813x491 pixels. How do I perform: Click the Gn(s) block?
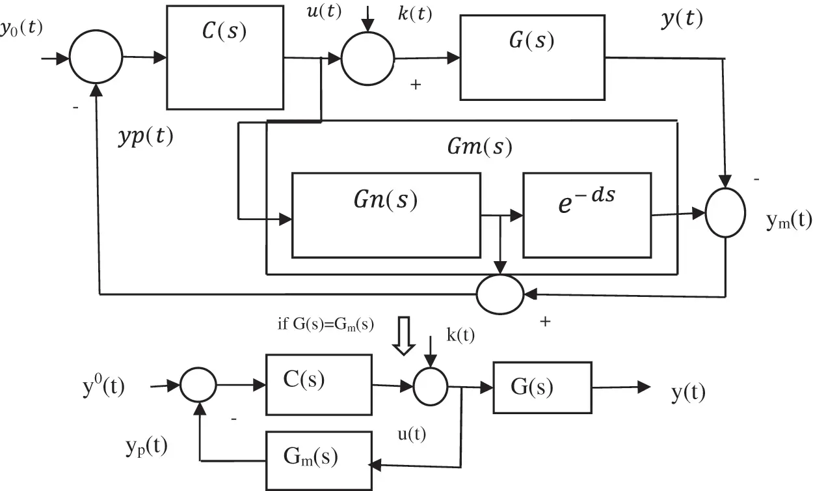[386, 215]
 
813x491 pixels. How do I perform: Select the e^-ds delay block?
[587, 215]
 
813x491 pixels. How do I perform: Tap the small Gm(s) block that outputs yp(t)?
[318, 456]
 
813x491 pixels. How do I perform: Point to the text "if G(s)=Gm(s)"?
[326, 324]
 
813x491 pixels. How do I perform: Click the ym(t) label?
[788, 221]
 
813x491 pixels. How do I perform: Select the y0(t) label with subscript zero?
[21, 29]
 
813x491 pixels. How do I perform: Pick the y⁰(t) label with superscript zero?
[103, 387]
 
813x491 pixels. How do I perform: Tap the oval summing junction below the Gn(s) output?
[500, 294]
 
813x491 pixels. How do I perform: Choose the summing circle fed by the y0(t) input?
[96, 58]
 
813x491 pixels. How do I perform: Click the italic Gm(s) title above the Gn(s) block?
[480, 147]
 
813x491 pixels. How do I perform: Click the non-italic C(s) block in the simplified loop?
[318, 385]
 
